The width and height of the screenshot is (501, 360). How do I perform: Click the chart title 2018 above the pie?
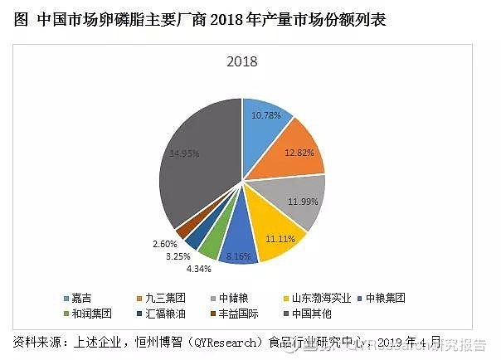tap(242, 61)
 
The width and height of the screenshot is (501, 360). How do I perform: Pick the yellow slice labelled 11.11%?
tap(278, 236)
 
